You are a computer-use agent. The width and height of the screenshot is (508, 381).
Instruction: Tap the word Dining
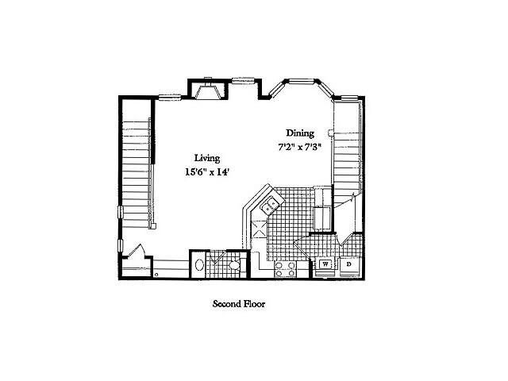(301, 133)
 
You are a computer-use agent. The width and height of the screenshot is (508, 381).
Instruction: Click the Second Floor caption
(238, 304)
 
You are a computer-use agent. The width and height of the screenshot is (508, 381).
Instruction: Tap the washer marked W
(325, 264)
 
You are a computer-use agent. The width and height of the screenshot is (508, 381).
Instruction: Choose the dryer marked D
(349, 264)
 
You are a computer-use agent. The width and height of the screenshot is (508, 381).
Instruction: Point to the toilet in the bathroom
(235, 265)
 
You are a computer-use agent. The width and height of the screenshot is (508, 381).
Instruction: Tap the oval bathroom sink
(199, 264)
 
